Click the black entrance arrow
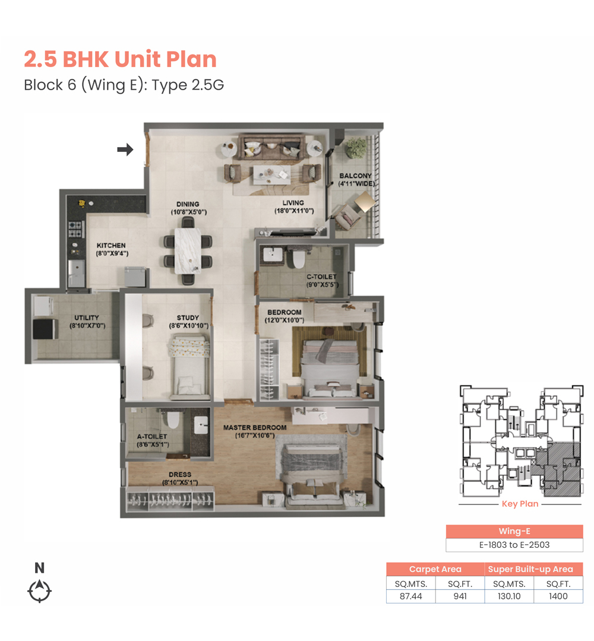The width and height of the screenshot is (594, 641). click(125, 150)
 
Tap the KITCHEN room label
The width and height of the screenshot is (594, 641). click(111, 245)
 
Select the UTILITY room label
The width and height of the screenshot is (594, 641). click(87, 318)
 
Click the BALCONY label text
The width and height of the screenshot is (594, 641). click(355, 176)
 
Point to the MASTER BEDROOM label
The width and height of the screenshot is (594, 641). click(255, 427)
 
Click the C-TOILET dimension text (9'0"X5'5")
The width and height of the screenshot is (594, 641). click(323, 284)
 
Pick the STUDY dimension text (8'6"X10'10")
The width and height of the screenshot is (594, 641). click(188, 326)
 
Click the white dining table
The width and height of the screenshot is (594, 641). click(188, 250)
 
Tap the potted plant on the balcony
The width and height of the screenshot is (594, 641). click(355, 148)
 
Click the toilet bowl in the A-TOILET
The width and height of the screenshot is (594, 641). click(173, 420)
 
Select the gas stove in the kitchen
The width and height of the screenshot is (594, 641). click(75, 229)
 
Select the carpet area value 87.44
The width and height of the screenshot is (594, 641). click(410, 596)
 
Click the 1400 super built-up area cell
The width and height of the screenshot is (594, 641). click(558, 596)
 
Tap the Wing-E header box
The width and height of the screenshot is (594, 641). click(514, 531)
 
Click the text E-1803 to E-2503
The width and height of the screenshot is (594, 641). click(514, 545)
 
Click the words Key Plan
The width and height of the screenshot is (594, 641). click(520, 504)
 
